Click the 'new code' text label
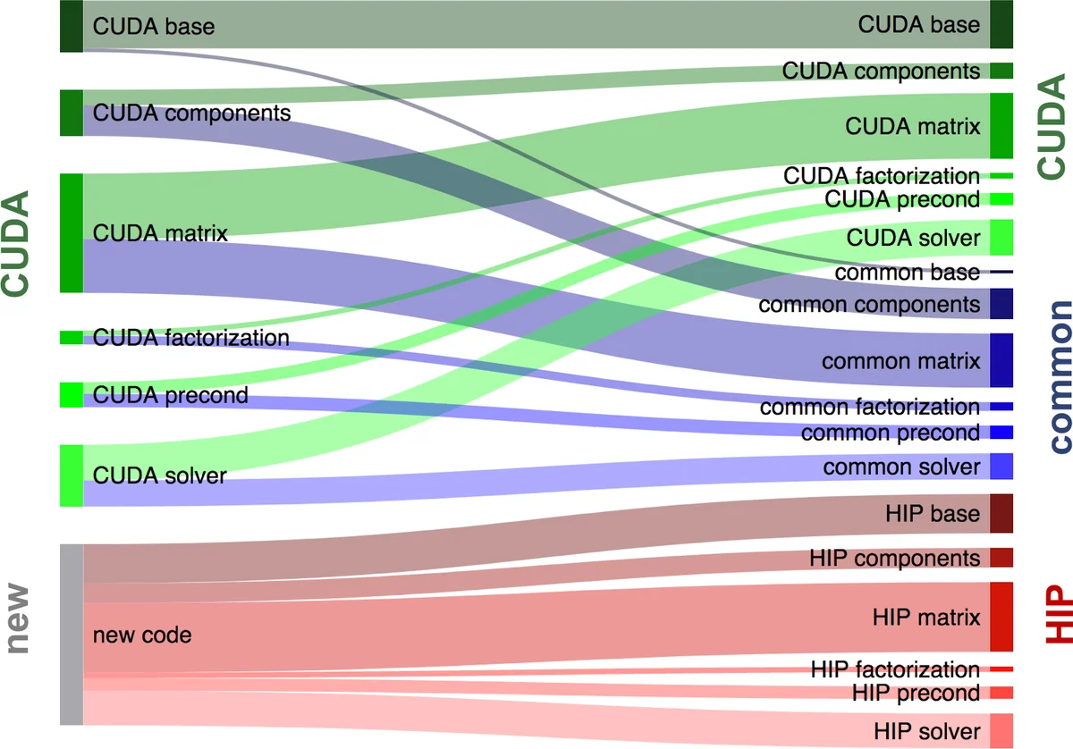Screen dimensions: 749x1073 click(142, 635)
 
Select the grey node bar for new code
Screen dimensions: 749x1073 click(72, 634)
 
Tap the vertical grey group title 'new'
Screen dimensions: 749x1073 click(17, 619)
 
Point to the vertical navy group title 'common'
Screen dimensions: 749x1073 click(1059, 376)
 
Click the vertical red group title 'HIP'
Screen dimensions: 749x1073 click(1058, 616)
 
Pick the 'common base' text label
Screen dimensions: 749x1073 click(908, 273)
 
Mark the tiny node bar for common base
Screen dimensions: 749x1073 click(1001, 272)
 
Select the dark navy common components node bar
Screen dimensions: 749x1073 click(1001, 304)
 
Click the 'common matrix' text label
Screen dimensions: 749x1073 click(900, 361)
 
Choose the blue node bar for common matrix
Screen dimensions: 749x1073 click(1001, 360)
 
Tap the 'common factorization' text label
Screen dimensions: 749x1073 click(869, 408)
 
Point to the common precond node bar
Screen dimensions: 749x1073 click(1001, 433)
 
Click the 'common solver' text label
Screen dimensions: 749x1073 click(901, 467)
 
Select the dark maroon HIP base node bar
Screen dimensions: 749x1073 click(1001, 513)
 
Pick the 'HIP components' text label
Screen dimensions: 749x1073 click(894, 558)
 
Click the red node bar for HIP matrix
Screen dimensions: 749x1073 click(1001, 617)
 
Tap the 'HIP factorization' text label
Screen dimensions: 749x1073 click(895, 669)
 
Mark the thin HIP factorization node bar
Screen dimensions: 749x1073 click(1001, 669)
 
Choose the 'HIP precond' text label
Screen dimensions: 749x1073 click(916, 693)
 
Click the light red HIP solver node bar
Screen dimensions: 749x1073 click(1001, 730)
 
